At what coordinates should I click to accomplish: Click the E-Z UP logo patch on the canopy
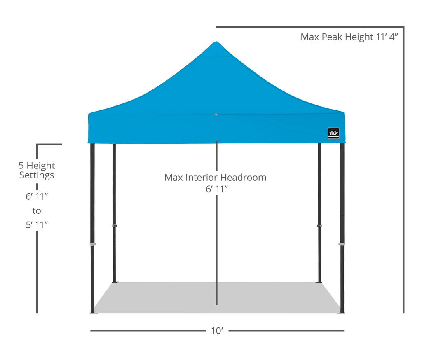(x=333, y=133)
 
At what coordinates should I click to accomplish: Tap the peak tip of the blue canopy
(x=216, y=42)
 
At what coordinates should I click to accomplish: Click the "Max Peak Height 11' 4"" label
(x=349, y=37)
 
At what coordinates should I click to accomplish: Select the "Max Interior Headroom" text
(x=215, y=178)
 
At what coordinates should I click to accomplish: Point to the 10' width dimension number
(x=217, y=331)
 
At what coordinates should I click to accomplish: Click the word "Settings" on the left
(x=37, y=175)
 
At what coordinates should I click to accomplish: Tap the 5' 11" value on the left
(x=37, y=224)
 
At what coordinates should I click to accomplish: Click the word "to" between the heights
(x=37, y=210)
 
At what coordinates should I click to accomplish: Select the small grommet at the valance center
(x=216, y=115)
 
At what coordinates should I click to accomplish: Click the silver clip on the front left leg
(x=93, y=244)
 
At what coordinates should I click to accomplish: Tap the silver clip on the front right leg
(x=342, y=244)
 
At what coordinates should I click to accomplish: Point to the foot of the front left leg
(x=93, y=312)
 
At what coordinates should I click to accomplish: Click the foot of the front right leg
(x=341, y=312)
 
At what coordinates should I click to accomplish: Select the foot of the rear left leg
(x=115, y=282)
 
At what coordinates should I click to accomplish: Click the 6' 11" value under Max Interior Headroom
(x=217, y=189)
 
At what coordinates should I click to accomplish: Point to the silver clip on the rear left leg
(x=115, y=226)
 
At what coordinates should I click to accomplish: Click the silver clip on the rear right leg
(x=319, y=226)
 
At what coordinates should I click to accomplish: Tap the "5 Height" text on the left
(x=37, y=166)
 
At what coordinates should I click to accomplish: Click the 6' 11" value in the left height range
(x=37, y=196)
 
